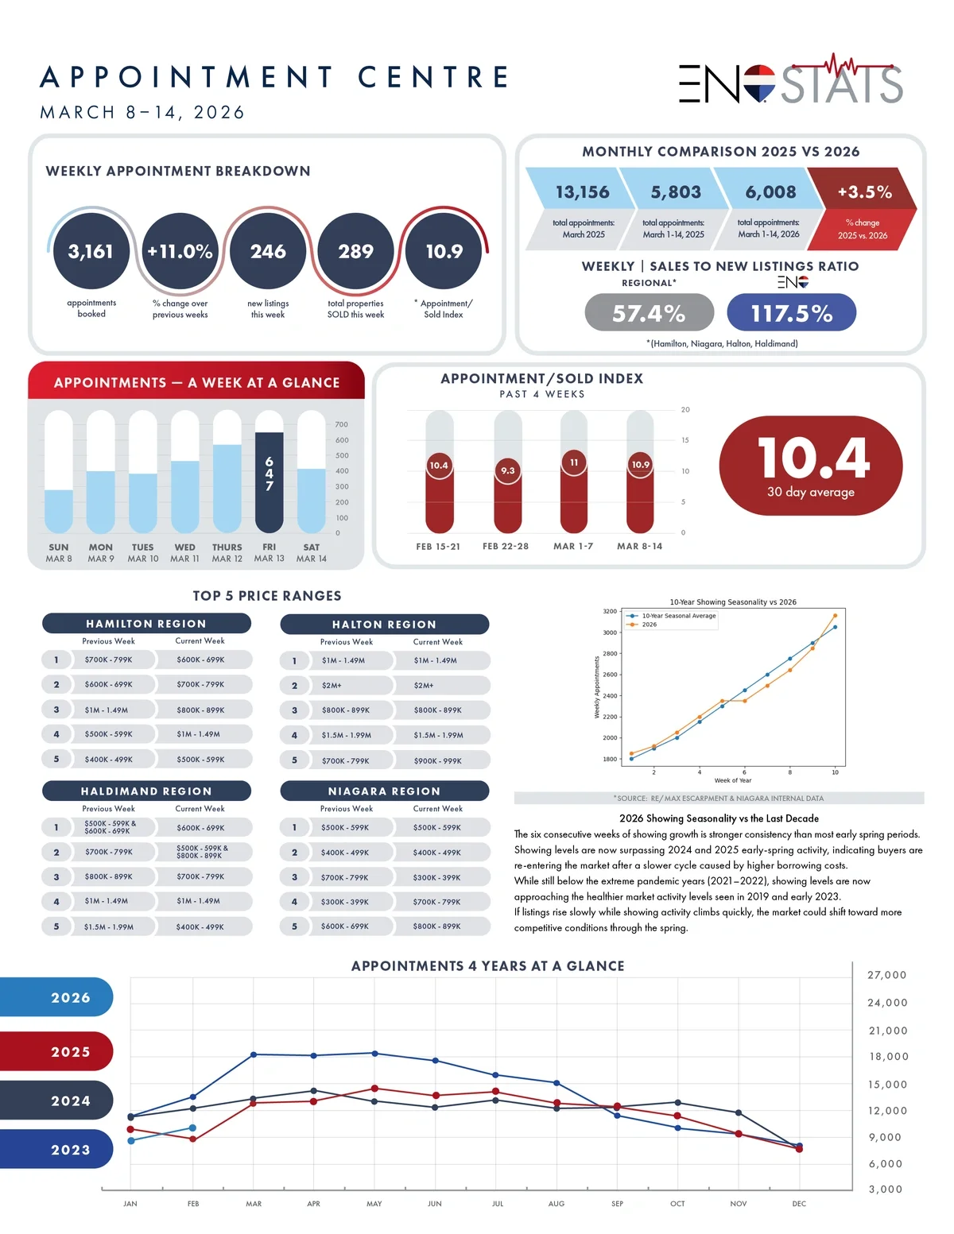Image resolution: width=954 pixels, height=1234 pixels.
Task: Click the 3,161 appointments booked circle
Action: point(91,251)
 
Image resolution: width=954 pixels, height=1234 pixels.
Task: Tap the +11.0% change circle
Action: point(180,251)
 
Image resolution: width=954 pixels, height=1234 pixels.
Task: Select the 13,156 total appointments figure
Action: point(582,192)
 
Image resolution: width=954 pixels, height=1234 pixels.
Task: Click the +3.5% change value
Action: point(864,192)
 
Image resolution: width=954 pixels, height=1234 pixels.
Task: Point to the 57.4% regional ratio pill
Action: point(649,313)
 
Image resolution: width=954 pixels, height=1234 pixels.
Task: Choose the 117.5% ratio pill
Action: point(791,313)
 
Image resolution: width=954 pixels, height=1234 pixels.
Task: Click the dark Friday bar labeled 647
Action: point(270,482)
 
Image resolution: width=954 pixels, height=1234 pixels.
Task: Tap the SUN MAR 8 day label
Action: point(59,553)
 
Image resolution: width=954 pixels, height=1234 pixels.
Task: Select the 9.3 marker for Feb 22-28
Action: point(507,470)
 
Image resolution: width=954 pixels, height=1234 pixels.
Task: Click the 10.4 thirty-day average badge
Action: point(810,466)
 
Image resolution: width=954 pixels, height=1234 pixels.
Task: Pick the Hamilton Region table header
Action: point(146,624)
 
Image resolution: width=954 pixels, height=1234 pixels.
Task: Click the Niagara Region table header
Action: point(384,791)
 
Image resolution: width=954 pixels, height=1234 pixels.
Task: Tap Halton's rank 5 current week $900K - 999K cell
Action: point(438,761)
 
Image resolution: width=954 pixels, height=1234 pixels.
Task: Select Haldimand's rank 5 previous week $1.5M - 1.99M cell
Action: point(109,926)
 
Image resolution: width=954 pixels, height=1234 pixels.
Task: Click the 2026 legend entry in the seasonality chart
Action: point(649,625)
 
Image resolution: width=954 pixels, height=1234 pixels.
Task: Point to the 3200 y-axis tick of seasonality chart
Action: point(610,612)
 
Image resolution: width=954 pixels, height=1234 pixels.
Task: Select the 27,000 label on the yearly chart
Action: point(886,975)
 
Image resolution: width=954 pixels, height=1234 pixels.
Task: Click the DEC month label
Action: point(799,1204)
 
